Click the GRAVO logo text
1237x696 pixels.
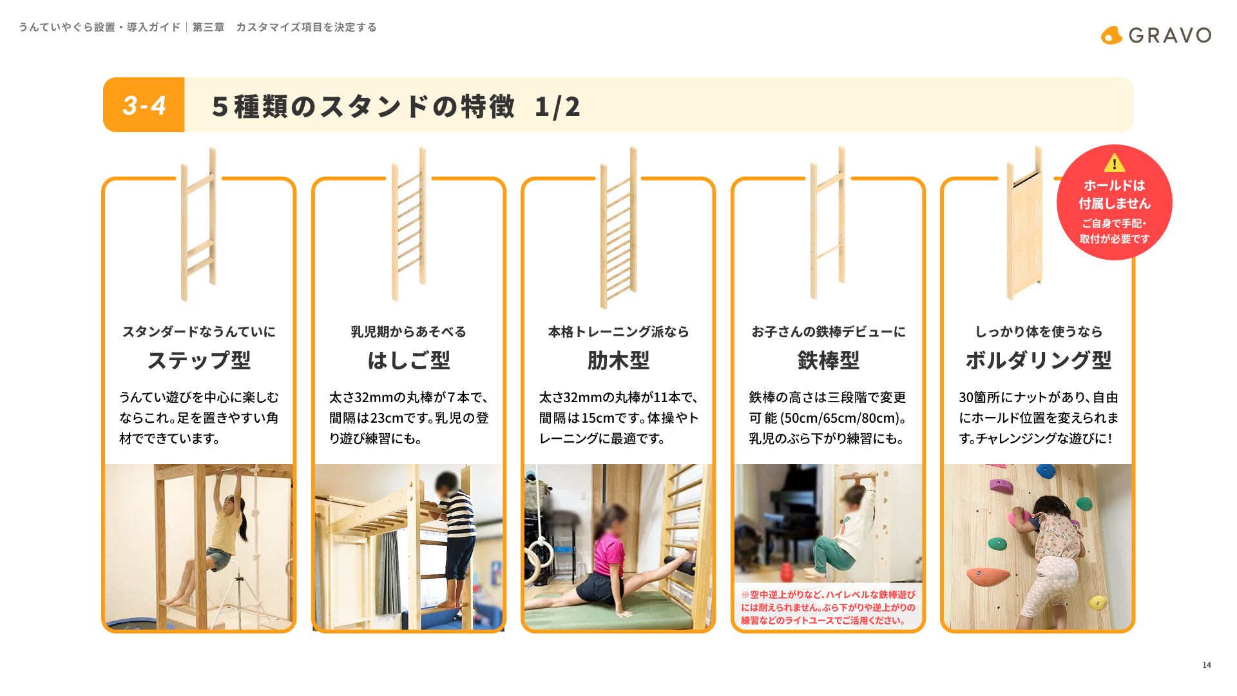[1169, 35]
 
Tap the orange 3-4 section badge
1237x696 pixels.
[144, 105]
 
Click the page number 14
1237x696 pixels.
[1207, 665]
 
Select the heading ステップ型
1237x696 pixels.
[199, 360]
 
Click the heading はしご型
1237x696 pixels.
[408, 360]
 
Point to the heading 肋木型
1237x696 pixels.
[618, 360]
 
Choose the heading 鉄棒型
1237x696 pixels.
[829, 360]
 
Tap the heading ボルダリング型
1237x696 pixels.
[1039, 360]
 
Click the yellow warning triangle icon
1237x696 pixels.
[1115, 163]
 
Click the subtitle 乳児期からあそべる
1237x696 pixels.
[408, 332]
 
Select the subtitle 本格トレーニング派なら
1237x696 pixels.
[618, 332]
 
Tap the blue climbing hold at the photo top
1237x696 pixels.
[1045, 470]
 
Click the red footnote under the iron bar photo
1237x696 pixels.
[828, 608]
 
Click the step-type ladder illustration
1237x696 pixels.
[198, 224]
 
